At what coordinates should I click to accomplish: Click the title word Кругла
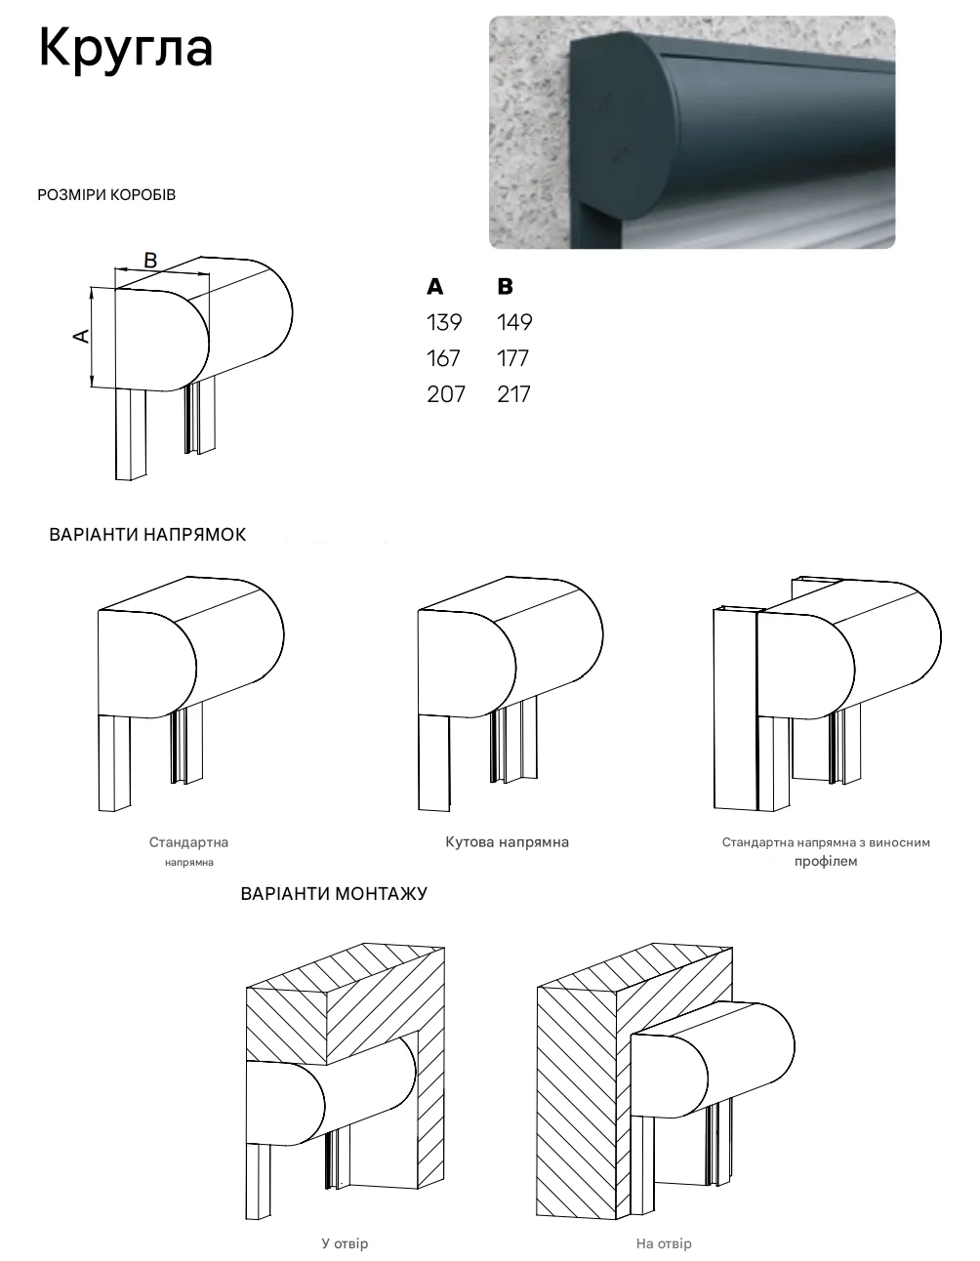coord(126,50)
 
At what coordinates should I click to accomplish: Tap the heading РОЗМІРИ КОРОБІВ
coord(106,194)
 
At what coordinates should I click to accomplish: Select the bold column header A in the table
coord(434,286)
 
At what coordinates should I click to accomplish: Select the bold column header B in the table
coord(505,286)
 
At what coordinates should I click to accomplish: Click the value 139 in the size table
coord(444,322)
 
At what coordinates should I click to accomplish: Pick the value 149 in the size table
coord(514,322)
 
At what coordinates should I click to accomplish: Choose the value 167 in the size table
coord(443,358)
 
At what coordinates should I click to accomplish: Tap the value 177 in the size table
coord(512,358)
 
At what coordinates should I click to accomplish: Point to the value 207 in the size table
coord(446,394)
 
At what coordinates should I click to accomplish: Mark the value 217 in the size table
coord(513,394)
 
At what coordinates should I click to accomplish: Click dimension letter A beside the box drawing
coord(82,336)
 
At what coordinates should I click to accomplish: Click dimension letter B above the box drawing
coord(150,261)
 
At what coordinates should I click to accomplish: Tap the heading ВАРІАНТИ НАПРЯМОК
coord(147,535)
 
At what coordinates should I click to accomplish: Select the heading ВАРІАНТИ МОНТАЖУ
coord(334,893)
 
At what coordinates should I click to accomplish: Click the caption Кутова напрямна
coord(508,842)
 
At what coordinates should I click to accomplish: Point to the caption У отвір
coord(345,1243)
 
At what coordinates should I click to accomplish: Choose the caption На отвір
coord(664,1243)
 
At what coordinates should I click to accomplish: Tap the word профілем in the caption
coord(826,861)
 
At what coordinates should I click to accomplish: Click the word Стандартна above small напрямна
coord(188,842)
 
